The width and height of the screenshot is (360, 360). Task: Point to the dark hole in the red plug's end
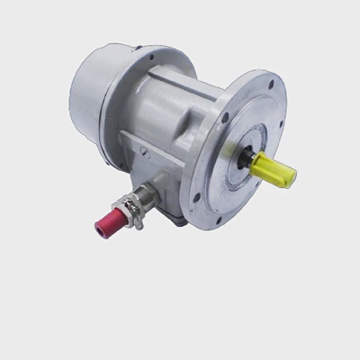pos(98,225)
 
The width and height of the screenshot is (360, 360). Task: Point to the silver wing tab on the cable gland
pos(139,216)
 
